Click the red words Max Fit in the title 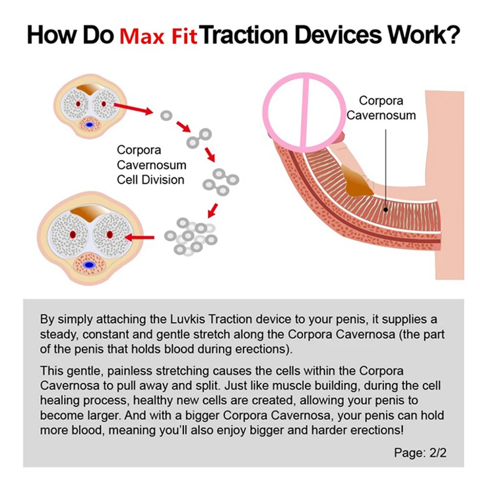[x=158, y=36]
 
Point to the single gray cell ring [x=166, y=115]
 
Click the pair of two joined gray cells [x=199, y=137]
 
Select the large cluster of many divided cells [x=191, y=236]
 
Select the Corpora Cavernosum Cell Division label [x=151, y=165]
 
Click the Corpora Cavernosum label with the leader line [x=381, y=108]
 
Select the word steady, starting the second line [x=58, y=334]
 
